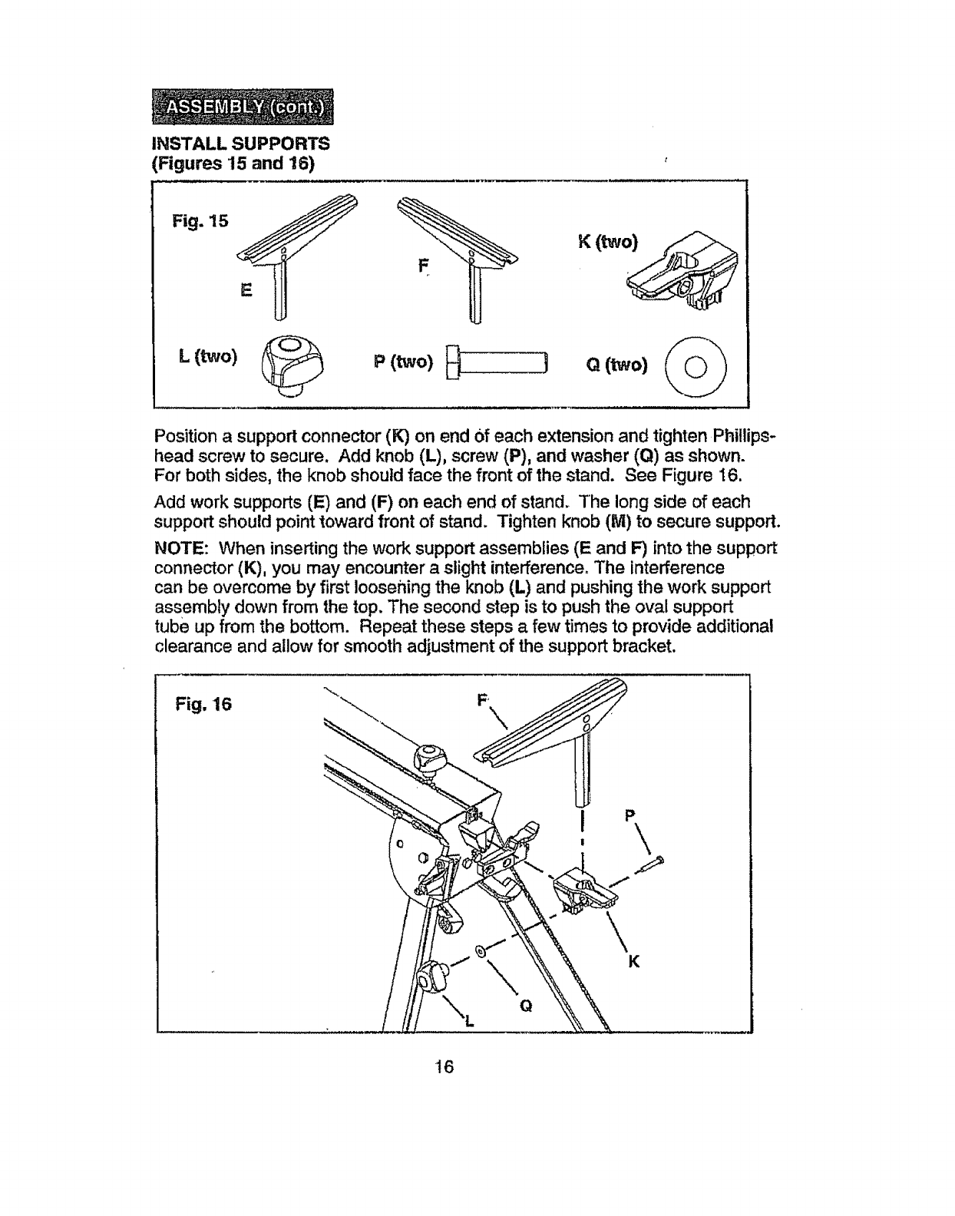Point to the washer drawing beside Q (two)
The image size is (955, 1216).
pos(696,365)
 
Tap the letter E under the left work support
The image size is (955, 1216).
pos(246,290)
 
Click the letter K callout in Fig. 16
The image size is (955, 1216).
pos(634,963)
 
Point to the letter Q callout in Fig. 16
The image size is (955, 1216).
pos(526,1005)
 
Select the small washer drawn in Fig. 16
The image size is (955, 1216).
pos(481,953)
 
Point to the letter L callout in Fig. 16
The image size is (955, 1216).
pos(470,1019)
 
